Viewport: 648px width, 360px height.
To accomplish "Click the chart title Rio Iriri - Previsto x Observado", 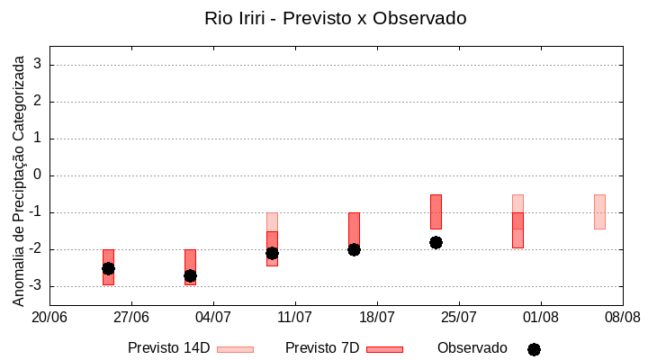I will coord(335,18).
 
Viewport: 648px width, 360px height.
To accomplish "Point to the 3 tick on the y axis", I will coord(38,65).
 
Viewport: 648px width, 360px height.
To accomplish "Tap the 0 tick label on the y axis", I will coord(38,175).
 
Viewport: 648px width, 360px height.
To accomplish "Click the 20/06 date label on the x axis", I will coord(49,317).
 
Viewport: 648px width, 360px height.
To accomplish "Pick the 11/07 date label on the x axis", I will coord(294,317).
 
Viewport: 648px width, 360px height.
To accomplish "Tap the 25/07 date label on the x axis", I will coord(459,317).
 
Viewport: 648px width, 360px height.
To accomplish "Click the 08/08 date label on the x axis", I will coord(622,317).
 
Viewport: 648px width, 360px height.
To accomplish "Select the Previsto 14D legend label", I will coord(168,347).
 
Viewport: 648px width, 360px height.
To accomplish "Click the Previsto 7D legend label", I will coord(322,347).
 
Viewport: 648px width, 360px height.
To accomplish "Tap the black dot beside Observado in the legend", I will coord(534,349).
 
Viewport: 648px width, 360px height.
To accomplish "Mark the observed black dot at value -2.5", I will coord(108,268).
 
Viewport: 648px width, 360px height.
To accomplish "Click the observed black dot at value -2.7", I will coord(190,275).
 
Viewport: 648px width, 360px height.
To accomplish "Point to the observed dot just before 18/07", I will coord(354,249).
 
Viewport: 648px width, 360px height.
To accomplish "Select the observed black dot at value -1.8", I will coord(436,242).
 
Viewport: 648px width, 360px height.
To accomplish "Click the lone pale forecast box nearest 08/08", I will coord(599,211).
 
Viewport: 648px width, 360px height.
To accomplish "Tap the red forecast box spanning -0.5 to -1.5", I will coord(436,211).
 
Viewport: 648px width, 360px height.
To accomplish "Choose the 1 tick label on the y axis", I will coord(38,139).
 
